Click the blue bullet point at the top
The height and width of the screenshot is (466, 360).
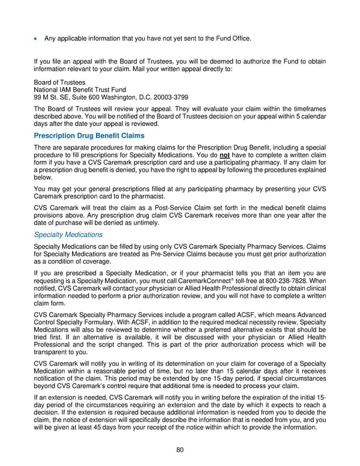point(36,39)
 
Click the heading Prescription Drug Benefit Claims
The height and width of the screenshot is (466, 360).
point(89,136)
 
